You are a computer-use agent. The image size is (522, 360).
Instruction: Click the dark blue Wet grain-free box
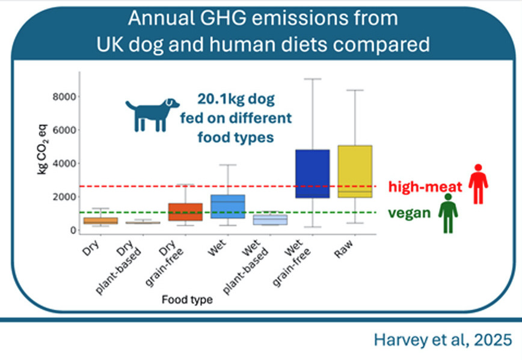(312, 173)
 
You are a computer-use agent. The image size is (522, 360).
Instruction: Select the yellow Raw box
(355, 171)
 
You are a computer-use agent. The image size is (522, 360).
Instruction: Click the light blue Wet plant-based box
(270, 219)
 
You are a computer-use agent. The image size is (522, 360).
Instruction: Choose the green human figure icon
(447, 213)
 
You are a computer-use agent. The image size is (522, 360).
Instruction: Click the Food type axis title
(186, 299)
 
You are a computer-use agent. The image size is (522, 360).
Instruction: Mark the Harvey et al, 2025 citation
(444, 340)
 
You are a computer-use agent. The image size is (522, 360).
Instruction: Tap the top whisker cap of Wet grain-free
(312, 79)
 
